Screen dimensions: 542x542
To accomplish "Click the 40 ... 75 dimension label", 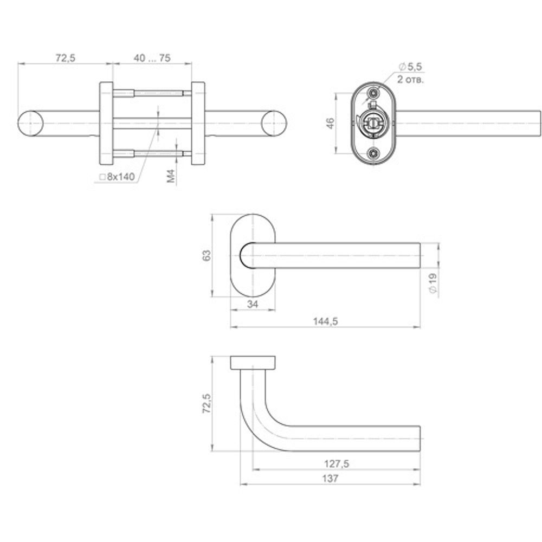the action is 152,58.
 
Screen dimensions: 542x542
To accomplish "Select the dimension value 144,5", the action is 325,321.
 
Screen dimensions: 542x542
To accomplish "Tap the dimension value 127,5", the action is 337,463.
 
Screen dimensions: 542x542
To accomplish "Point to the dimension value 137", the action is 330,479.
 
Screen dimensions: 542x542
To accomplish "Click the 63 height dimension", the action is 207,255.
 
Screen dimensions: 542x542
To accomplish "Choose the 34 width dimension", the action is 253,304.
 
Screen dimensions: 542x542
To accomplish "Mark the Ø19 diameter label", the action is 433,283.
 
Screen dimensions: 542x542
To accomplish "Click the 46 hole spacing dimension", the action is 331,124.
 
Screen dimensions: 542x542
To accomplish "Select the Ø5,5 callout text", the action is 410,67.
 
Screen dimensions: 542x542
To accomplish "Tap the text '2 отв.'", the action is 410,80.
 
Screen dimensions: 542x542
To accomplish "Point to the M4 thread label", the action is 171,176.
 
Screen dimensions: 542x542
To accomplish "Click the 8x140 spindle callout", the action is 117,177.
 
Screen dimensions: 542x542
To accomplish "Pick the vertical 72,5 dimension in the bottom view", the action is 207,403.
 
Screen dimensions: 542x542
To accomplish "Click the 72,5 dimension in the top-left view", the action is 66,58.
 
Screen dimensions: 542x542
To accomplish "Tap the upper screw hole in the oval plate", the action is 373,93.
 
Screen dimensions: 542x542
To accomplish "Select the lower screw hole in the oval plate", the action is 373,153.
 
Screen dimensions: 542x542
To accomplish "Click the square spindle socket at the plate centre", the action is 373,122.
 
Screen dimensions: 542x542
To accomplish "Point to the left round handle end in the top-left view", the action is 30,124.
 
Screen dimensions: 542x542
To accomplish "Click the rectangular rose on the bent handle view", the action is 253,362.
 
